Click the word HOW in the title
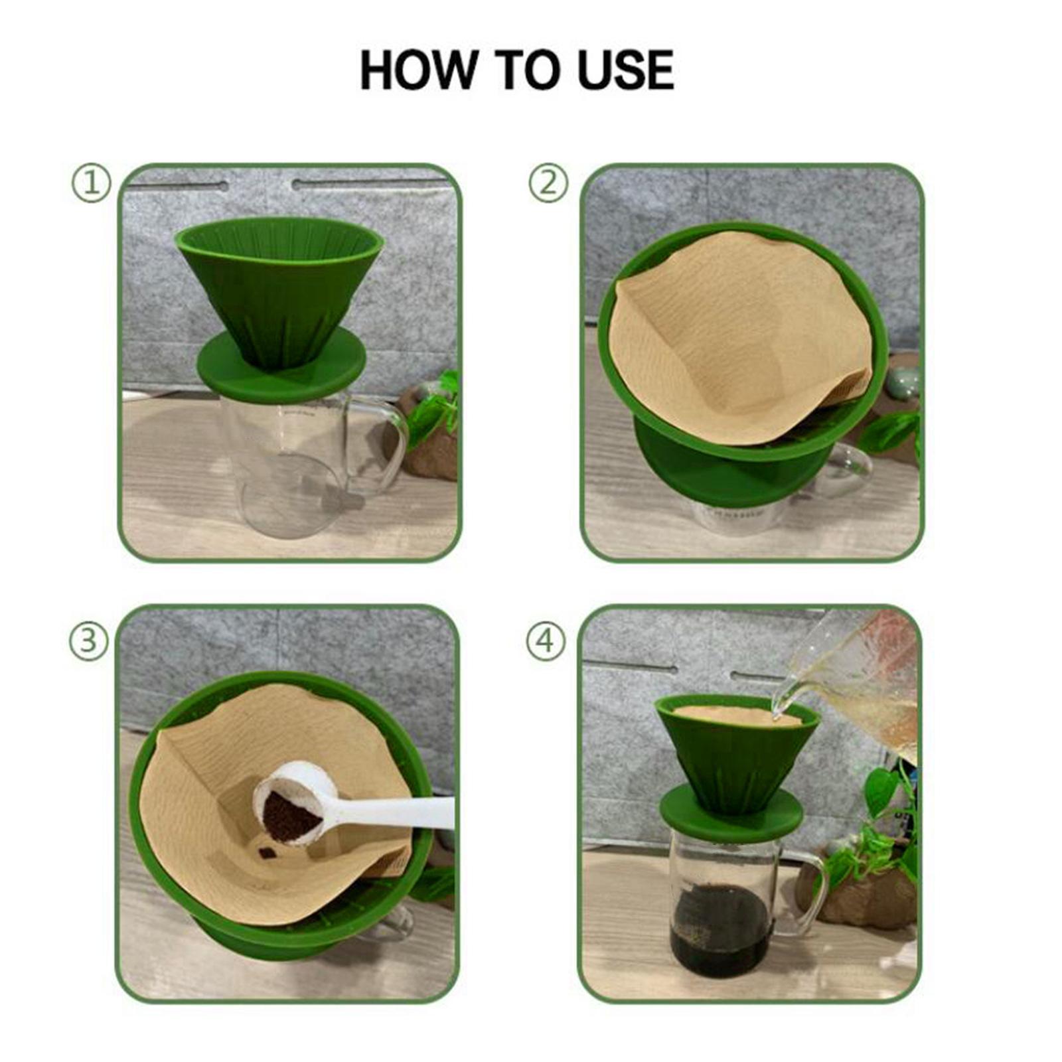point(418,70)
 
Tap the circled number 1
point(91,183)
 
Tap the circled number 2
point(548,183)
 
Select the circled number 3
point(88,641)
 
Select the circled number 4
point(546,641)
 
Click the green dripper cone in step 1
point(279,292)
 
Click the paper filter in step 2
point(737,332)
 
